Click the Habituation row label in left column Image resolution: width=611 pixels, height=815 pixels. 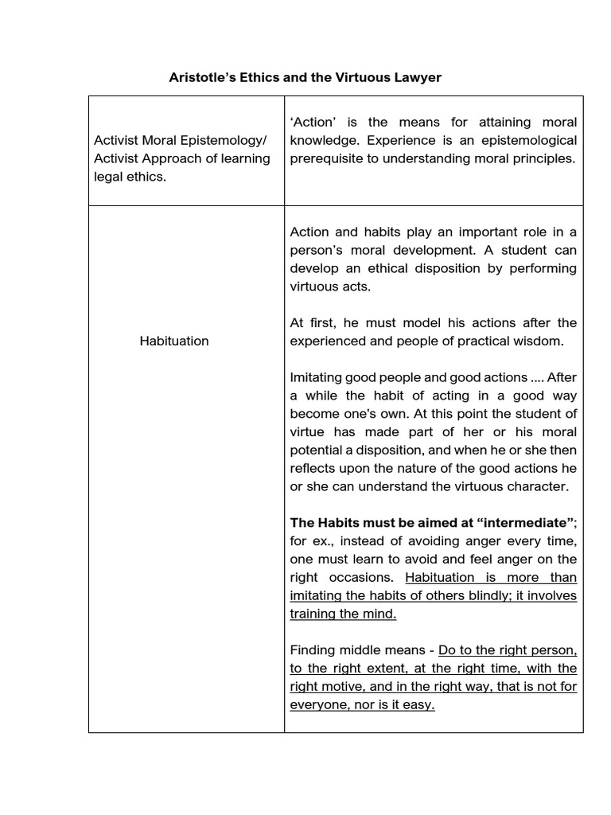tap(174, 341)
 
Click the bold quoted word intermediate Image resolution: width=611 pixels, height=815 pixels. tap(527, 523)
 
